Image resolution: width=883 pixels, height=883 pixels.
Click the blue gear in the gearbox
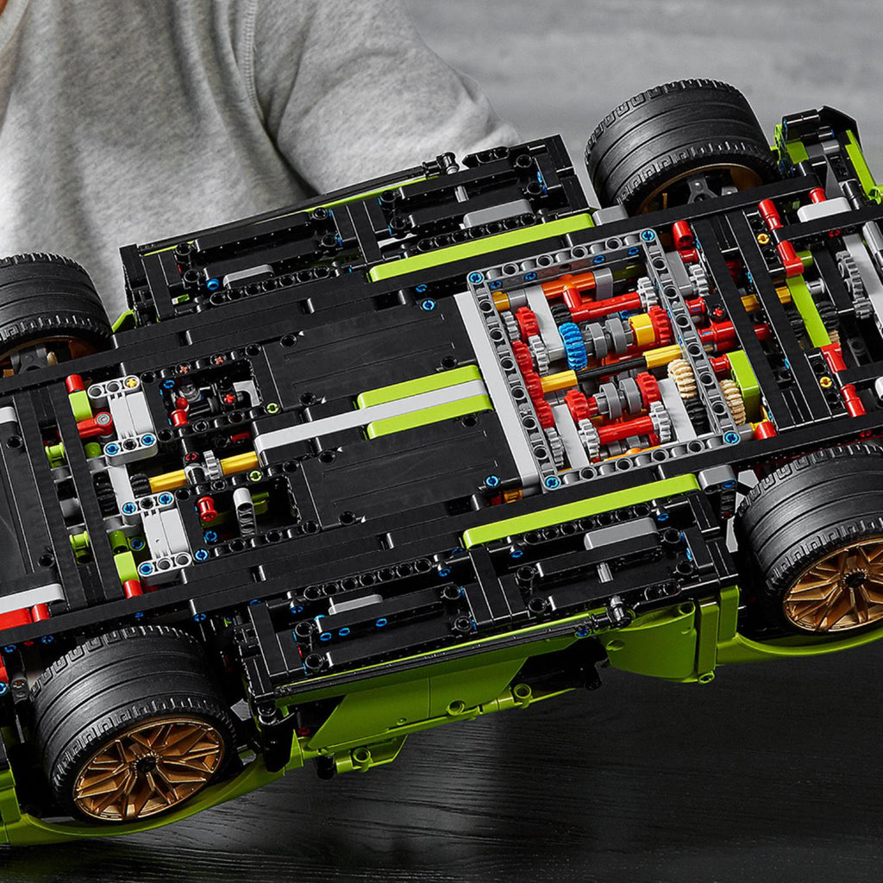pyautogui.click(x=572, y=345)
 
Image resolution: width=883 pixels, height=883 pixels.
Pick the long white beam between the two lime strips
pyautogui.click(x=371, y=418)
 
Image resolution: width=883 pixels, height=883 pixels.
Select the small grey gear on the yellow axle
pyautogui.click(x=211, y=467)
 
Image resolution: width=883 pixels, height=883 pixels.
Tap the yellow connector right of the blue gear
pyautogui.click(x=642, y=329)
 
